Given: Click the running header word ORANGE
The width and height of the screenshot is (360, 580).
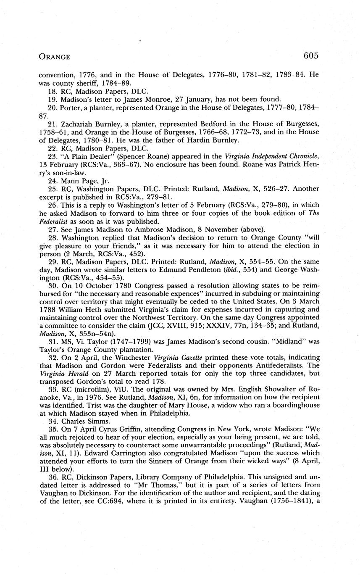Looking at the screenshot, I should (55, 56).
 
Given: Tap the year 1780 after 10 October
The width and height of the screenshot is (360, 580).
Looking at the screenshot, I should (116, 286).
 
